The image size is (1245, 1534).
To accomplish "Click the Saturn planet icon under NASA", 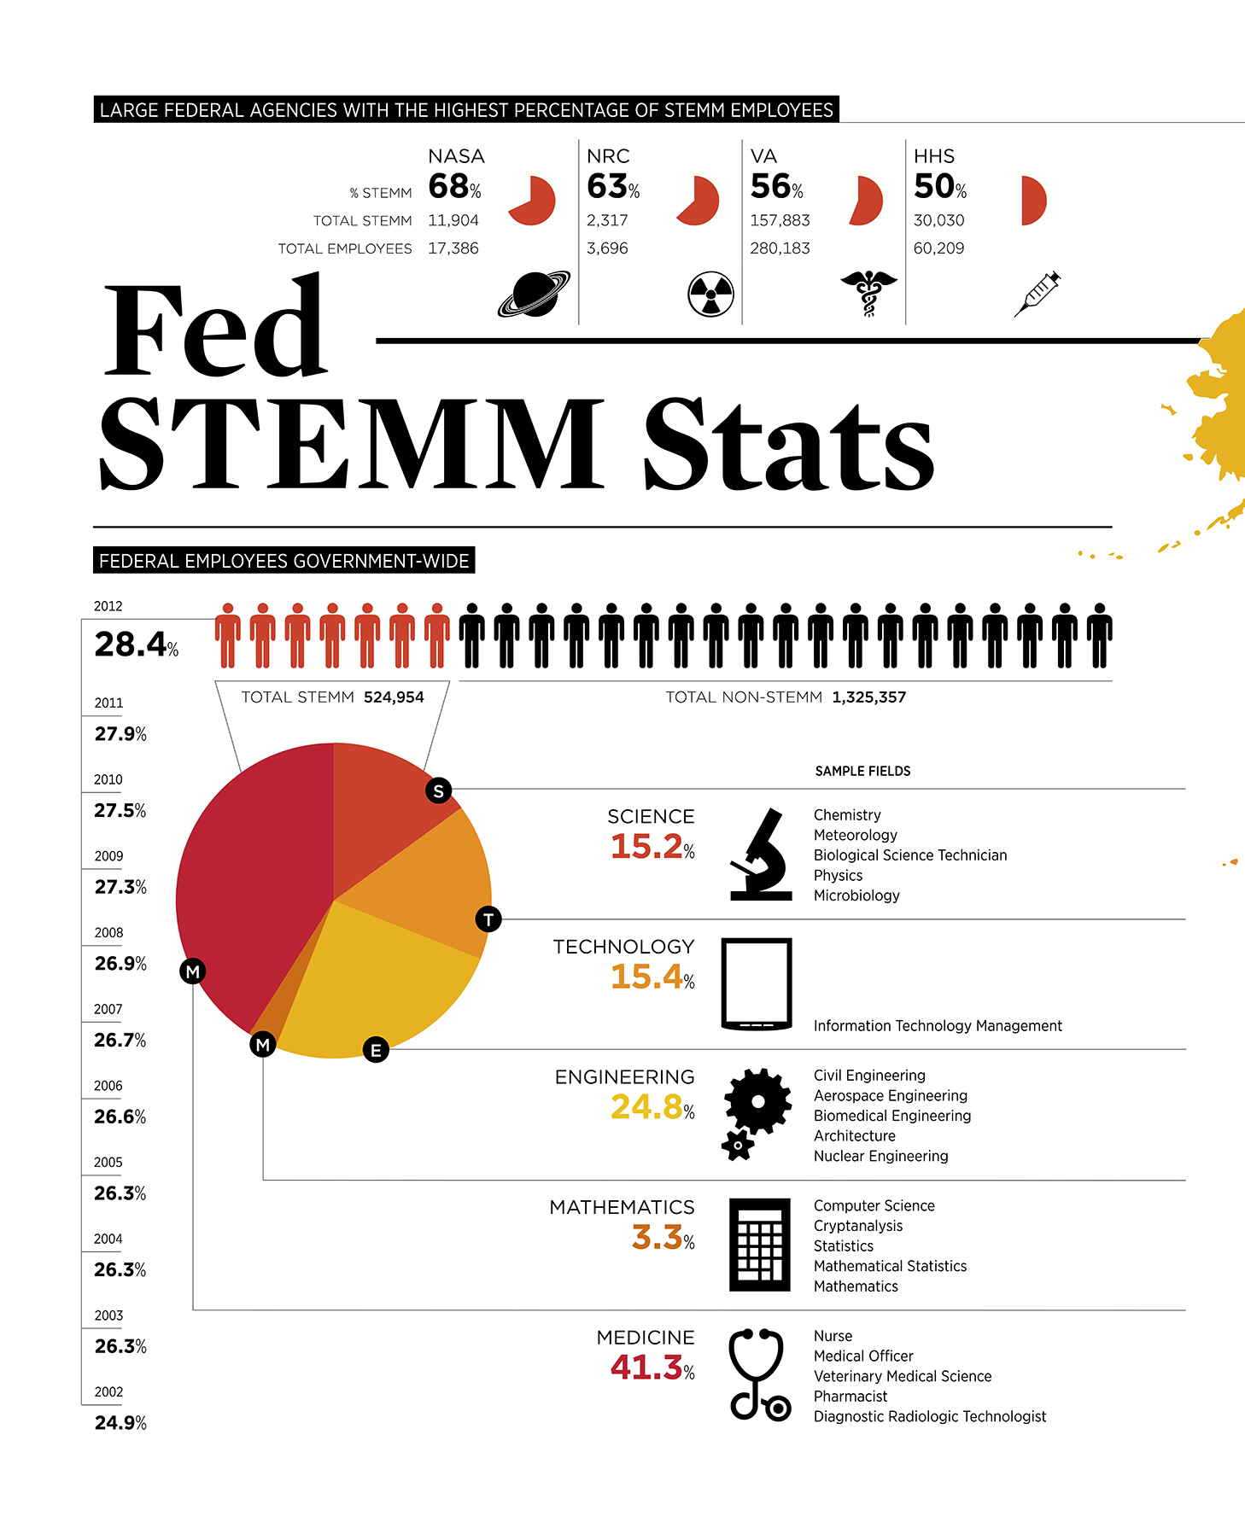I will pyautogui.click(x=535, y=294).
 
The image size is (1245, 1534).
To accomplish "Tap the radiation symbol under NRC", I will pyautogui.click(x=710, y=295).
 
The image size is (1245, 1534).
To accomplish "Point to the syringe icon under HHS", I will pyautogui.click(x=1037, y=294).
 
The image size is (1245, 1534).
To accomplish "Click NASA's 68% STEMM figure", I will pyautogui.click(x=454, y=186).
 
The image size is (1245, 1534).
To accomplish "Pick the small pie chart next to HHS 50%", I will pyautogui.click(x=1032, y=201).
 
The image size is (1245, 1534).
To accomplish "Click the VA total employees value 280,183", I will pyautogui.click(x=780, y=248).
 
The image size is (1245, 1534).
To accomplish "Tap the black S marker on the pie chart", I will pyautogui.click(x=438, y=790).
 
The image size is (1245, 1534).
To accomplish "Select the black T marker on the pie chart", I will pyautogui.click(x=488, y=919).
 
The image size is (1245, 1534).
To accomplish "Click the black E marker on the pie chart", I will pyautogui.click(x=376, y=1050).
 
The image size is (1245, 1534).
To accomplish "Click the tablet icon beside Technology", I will pyautogui.click(x=757, y=983).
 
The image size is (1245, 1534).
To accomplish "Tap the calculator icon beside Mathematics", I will pyautogui.click(x=759, y=1245).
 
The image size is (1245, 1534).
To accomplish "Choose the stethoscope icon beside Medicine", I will pyautogui.click(x=758, y=1374).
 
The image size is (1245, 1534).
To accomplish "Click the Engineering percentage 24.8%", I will pyautogui.click(x=652, y=1107).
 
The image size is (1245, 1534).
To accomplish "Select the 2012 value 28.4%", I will pyautogui.click(x=136, y=645).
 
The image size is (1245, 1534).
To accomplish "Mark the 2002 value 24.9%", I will pyautogui.click(x=120, y=1423).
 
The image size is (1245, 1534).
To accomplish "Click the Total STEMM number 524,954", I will pyautogui.click(x=394, y=697).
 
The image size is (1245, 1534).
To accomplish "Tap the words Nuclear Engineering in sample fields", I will pyautogui.click(x=880, y=1156).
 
